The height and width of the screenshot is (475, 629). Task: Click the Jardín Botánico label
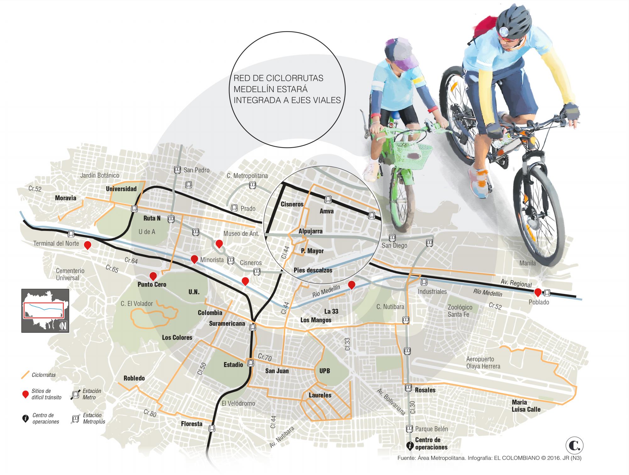(100, 176)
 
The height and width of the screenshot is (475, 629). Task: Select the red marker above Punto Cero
(153, 276)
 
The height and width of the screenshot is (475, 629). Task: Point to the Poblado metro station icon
(547, 293)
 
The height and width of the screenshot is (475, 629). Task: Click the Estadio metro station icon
(251, 363)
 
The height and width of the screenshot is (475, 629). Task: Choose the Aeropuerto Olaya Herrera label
(483, 363)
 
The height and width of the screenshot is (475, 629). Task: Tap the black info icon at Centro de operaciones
(410, 445)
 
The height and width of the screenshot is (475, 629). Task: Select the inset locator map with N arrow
(45, 310)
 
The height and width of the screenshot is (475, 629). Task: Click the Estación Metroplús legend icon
(75, 419)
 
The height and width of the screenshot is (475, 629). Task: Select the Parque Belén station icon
(409, 428)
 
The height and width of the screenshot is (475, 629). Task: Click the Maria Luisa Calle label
(526, 406)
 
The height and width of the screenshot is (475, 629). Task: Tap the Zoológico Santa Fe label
(460, 310)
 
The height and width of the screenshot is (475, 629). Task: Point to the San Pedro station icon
(177, 170)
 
